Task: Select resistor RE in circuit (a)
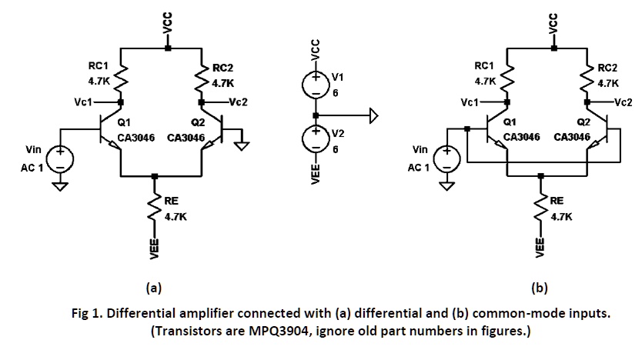coord(155,208)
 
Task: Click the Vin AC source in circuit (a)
coord(62,160)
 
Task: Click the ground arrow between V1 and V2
coord(373,115)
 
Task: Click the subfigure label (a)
coord(153,288)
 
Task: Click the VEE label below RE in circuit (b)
coord(540,247)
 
